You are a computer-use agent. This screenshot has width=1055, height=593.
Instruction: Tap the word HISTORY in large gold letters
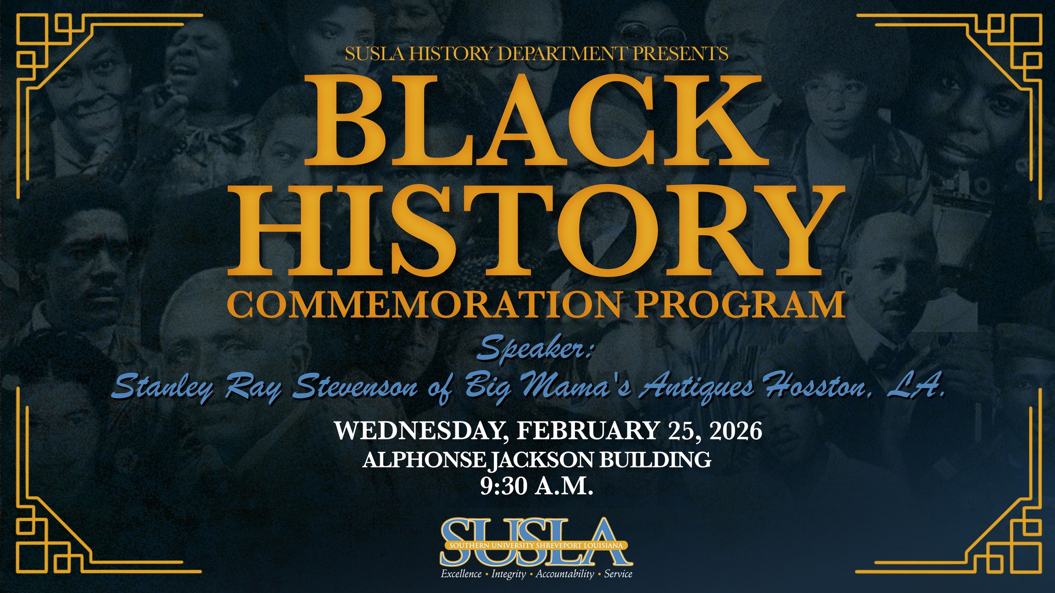536,232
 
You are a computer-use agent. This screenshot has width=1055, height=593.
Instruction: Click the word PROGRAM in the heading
739,305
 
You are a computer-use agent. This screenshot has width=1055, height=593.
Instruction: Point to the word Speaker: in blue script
536,351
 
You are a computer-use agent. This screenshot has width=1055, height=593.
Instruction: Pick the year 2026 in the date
736,431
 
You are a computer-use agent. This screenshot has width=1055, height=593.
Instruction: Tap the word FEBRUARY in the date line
587,431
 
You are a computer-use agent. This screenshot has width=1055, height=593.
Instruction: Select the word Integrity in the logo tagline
508,574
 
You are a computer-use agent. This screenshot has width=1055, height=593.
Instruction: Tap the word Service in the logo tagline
618,574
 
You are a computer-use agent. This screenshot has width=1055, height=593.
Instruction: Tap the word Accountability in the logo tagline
565,574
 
